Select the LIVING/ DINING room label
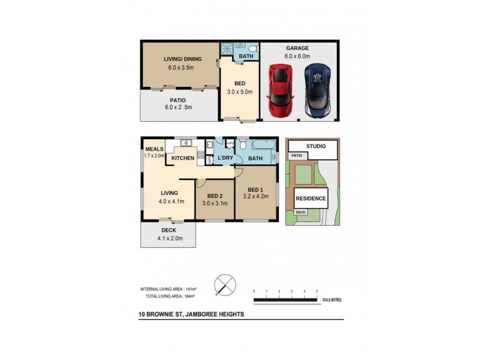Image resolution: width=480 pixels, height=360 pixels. point(183,59)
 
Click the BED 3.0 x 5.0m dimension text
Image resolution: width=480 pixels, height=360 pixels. point(241,92)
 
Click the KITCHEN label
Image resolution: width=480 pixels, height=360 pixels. point(182,158)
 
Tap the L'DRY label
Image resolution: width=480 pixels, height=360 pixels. point(226,158)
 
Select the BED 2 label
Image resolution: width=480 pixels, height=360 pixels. point(215,196)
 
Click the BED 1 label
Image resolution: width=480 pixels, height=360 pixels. point(256,190)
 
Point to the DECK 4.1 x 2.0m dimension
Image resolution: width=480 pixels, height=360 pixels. point(169,238)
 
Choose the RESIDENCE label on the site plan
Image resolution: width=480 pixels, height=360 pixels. point(311,198)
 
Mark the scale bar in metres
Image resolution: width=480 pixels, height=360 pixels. point(286,298)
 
